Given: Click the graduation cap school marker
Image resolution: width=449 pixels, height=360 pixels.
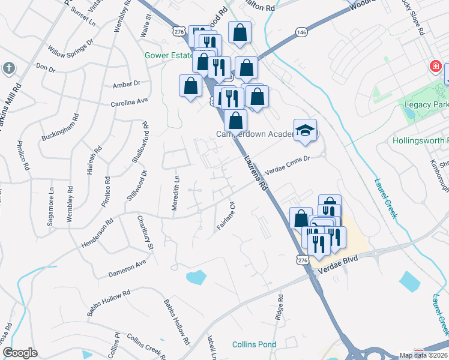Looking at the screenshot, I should (305, 131).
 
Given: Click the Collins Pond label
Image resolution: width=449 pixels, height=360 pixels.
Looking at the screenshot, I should (255, 344).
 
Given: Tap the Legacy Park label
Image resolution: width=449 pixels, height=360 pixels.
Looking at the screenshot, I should (427, 104).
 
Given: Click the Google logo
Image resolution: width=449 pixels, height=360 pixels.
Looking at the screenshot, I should (20, 353).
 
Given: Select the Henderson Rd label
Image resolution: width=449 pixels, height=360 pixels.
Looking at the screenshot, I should (97, 234).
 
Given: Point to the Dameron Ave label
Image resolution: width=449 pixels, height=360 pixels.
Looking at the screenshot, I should (127, 269).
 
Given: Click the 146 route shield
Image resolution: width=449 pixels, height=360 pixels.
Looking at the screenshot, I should (301, 32).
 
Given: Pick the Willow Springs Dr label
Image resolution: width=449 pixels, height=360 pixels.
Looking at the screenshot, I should (71, 46).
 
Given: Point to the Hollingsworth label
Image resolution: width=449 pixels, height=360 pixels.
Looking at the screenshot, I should (420, 142).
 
